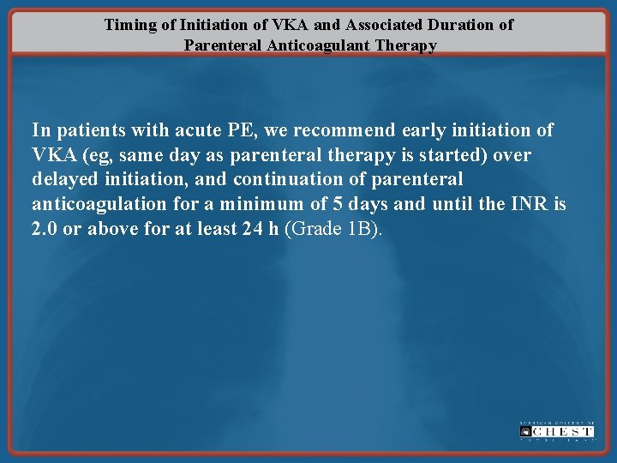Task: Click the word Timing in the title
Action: coord(131,24)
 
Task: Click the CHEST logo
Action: coord(556,430)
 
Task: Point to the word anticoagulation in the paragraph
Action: coord(101,205)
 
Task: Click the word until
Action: coord(459,205)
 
